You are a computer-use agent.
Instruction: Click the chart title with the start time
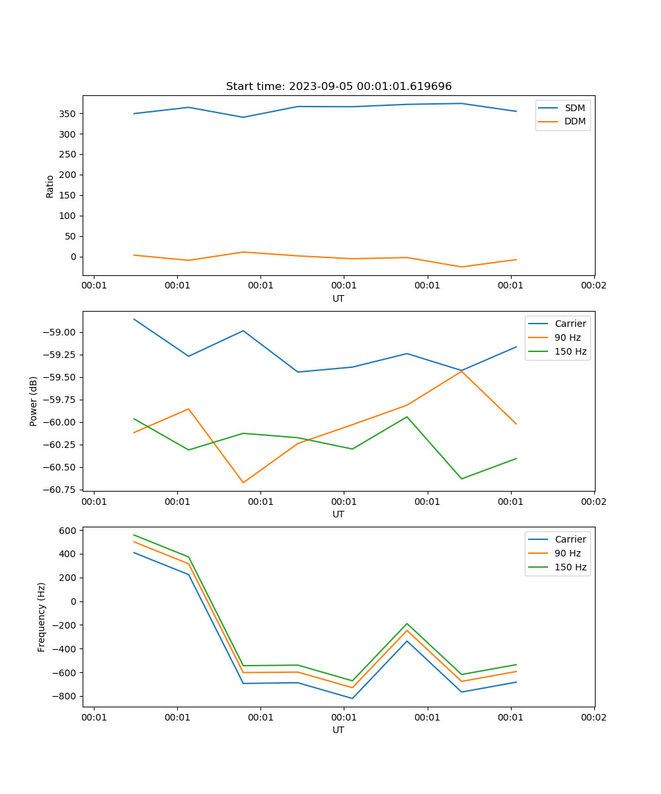click(338, 87)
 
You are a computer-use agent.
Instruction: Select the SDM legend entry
click(574, 108)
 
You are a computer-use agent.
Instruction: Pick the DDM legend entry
click(574, 121)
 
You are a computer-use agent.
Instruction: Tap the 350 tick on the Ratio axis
click(69, 114)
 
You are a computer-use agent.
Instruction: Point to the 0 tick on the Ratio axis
click(73, 257)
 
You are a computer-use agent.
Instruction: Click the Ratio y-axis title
click(50, 186)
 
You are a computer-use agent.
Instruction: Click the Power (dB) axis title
click(34, 401)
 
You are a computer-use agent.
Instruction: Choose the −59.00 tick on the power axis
click(61, 332)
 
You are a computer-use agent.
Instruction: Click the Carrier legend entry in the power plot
click(569, 324)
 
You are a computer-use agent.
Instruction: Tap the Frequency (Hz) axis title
click(42, 617)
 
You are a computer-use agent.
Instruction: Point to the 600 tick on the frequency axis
click(69, 531)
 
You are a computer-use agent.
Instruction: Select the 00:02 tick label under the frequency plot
click(594, 717)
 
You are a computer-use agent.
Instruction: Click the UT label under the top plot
click(338, 298)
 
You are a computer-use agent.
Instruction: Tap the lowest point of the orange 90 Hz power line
click(243, 482)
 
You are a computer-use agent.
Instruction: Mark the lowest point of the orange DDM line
click(461, 267)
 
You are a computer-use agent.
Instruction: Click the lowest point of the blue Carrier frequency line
click(352, 698)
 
